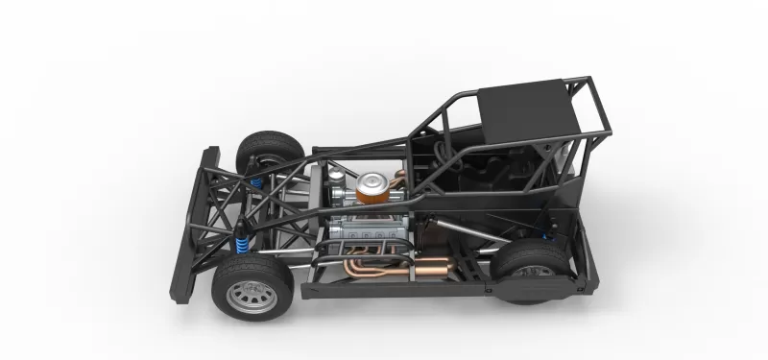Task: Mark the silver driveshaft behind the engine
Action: pyautogui.click(x=461, y=227)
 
